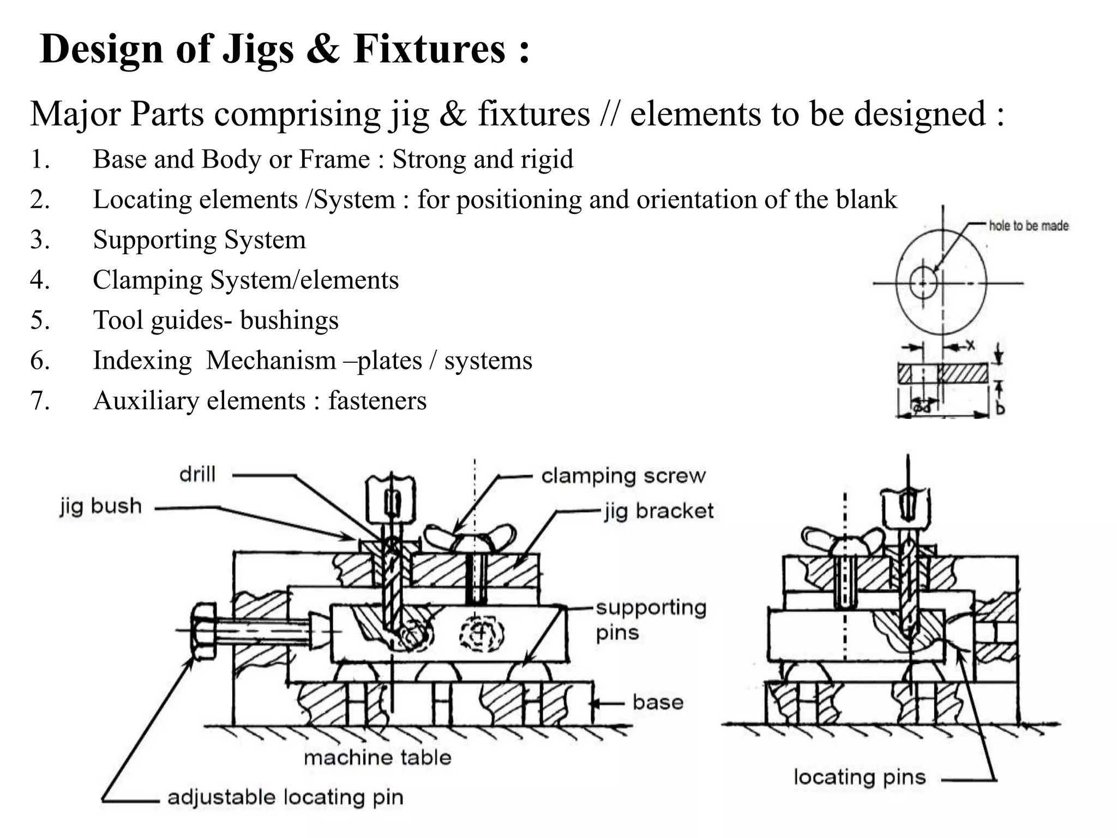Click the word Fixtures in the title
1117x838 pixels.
[x=429, y=49]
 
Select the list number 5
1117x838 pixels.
[x=40, y=320]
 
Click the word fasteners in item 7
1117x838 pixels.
[x=377, y=401]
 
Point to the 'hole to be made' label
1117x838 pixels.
[x=1029, y=226]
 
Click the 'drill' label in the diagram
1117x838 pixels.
[x=197, y=474]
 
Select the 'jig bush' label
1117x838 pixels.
[x=101, y=506]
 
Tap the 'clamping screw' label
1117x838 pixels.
[x=623, y=476]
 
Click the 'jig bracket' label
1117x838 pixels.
[x=658, y=511]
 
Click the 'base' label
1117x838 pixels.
[x=658, y=702]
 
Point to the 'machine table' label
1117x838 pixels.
[x=377, y=758]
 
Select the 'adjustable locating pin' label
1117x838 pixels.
[x=285, y=798]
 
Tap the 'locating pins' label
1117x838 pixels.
[x=860, y=777]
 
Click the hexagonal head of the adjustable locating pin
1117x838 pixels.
[x=203, y=632]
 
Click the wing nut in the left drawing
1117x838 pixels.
[x=470, y=537]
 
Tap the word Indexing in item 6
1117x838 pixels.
[x=142, y=361]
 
